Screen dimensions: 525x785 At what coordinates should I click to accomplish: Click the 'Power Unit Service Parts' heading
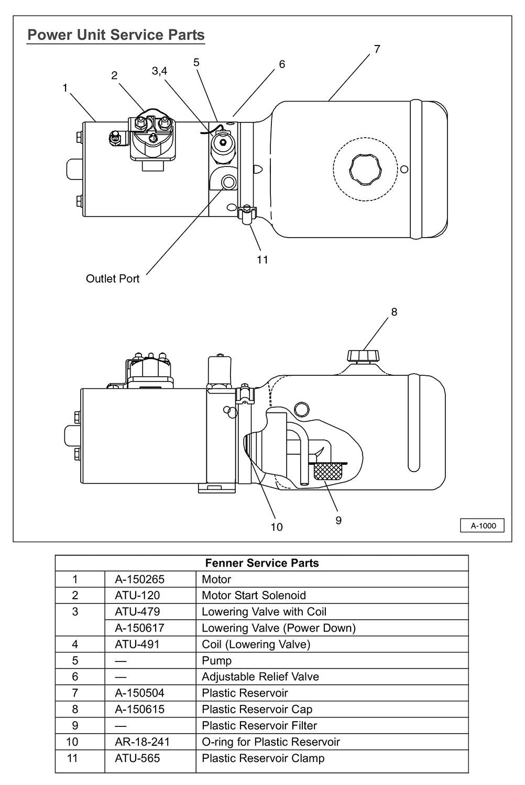pyautogui.click(x=116, y=35)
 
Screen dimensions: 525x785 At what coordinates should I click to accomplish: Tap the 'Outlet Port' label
pyautogui.click(x=113, y=278)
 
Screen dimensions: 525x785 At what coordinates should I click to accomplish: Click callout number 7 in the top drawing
pyautogui.click(x=377, y=49)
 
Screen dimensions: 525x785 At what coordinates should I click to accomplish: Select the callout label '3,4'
pyautogui.click(x=159, y=71)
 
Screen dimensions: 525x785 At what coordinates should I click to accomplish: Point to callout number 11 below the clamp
pyautogui.click(x=262, y=260)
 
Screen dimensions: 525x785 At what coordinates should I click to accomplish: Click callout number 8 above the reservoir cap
pyautogui.click(x=394, y=312)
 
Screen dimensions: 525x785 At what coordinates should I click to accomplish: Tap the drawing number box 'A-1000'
pyautogui.click(x=482, y=525)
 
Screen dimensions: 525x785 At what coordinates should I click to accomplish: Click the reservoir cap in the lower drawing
pyautogui.click(x=363, y=356)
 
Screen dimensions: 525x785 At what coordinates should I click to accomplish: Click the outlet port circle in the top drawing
pyautogui.click(x=229, y=182)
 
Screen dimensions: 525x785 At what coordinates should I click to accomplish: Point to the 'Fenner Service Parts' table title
pyautogui.click(x=262, y=563)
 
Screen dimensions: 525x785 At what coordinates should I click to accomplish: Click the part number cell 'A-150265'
pyautogui.click(x=140, y=579)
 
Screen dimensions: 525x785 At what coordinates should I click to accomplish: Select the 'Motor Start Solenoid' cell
pyautogui.click(x=254, y=596)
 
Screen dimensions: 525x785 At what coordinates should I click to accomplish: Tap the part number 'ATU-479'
pyautogui.click(x=137, y=612)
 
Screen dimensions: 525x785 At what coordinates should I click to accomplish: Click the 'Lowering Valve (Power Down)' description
pyautogui.click(x=279, y=628)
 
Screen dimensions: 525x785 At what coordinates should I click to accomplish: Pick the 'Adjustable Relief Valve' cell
pyautogui.click(x=260, y=677)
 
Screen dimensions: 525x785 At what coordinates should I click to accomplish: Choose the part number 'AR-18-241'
pyautogui.click(x=142, y=742)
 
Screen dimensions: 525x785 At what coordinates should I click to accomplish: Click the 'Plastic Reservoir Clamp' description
pyautogui.click(x=263, y=758)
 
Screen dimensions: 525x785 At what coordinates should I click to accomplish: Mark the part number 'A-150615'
pyautogui.click(x=140, y=709)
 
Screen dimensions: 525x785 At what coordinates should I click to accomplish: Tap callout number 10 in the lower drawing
pyautogui.click(x=277, y=526)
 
